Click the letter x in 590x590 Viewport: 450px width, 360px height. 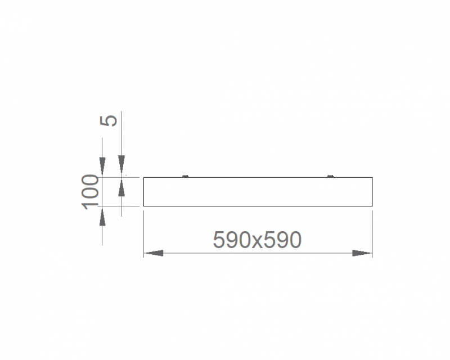tap(257, 242)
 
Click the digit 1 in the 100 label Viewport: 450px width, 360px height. tap(90, 206)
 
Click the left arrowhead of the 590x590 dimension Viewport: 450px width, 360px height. tap(154, 253)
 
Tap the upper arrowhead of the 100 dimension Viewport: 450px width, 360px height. tap(102, 166)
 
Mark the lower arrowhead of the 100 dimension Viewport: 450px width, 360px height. tap(102, 217)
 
